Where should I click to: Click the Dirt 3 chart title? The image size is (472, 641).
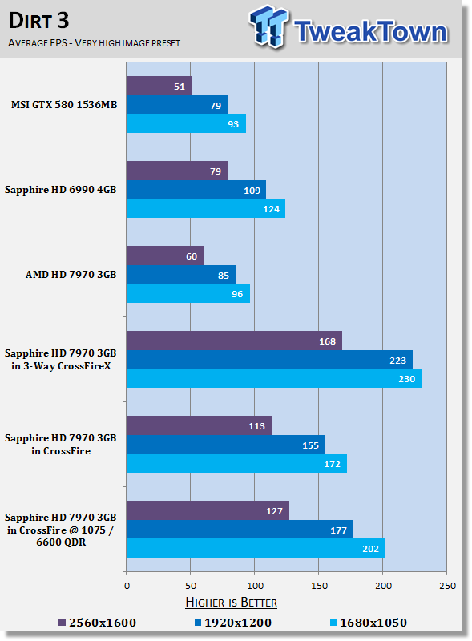click(38, 21)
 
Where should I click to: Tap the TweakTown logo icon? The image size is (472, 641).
click(268, 26)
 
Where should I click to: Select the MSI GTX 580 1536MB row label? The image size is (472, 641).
click(64, 105)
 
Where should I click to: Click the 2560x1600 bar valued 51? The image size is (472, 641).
click(159, 86)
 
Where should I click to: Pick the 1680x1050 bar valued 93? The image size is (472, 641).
click(186, 123)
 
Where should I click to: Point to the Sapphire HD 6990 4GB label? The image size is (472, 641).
click(61, 190)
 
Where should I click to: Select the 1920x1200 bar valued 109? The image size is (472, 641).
click(196, 190)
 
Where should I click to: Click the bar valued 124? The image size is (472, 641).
click(206, 208)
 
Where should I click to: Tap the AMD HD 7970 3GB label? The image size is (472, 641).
click(71, 274)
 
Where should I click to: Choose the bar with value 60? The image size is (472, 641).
click(165, 256)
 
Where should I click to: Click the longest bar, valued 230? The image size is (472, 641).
click(273, 378)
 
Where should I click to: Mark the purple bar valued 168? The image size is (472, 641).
click(234, 341)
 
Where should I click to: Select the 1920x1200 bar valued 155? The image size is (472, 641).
click(226, 445)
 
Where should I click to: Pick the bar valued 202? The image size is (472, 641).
click(256, 548)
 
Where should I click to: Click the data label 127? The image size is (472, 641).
click(274, 511)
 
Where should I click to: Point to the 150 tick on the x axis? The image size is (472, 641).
click(319, 586)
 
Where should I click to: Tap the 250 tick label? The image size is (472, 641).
click(447, 586)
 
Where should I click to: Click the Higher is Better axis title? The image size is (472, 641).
click(231, 603)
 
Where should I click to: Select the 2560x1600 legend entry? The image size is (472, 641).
click(97, 623)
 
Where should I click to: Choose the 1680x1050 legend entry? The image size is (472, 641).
click(369, 623)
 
